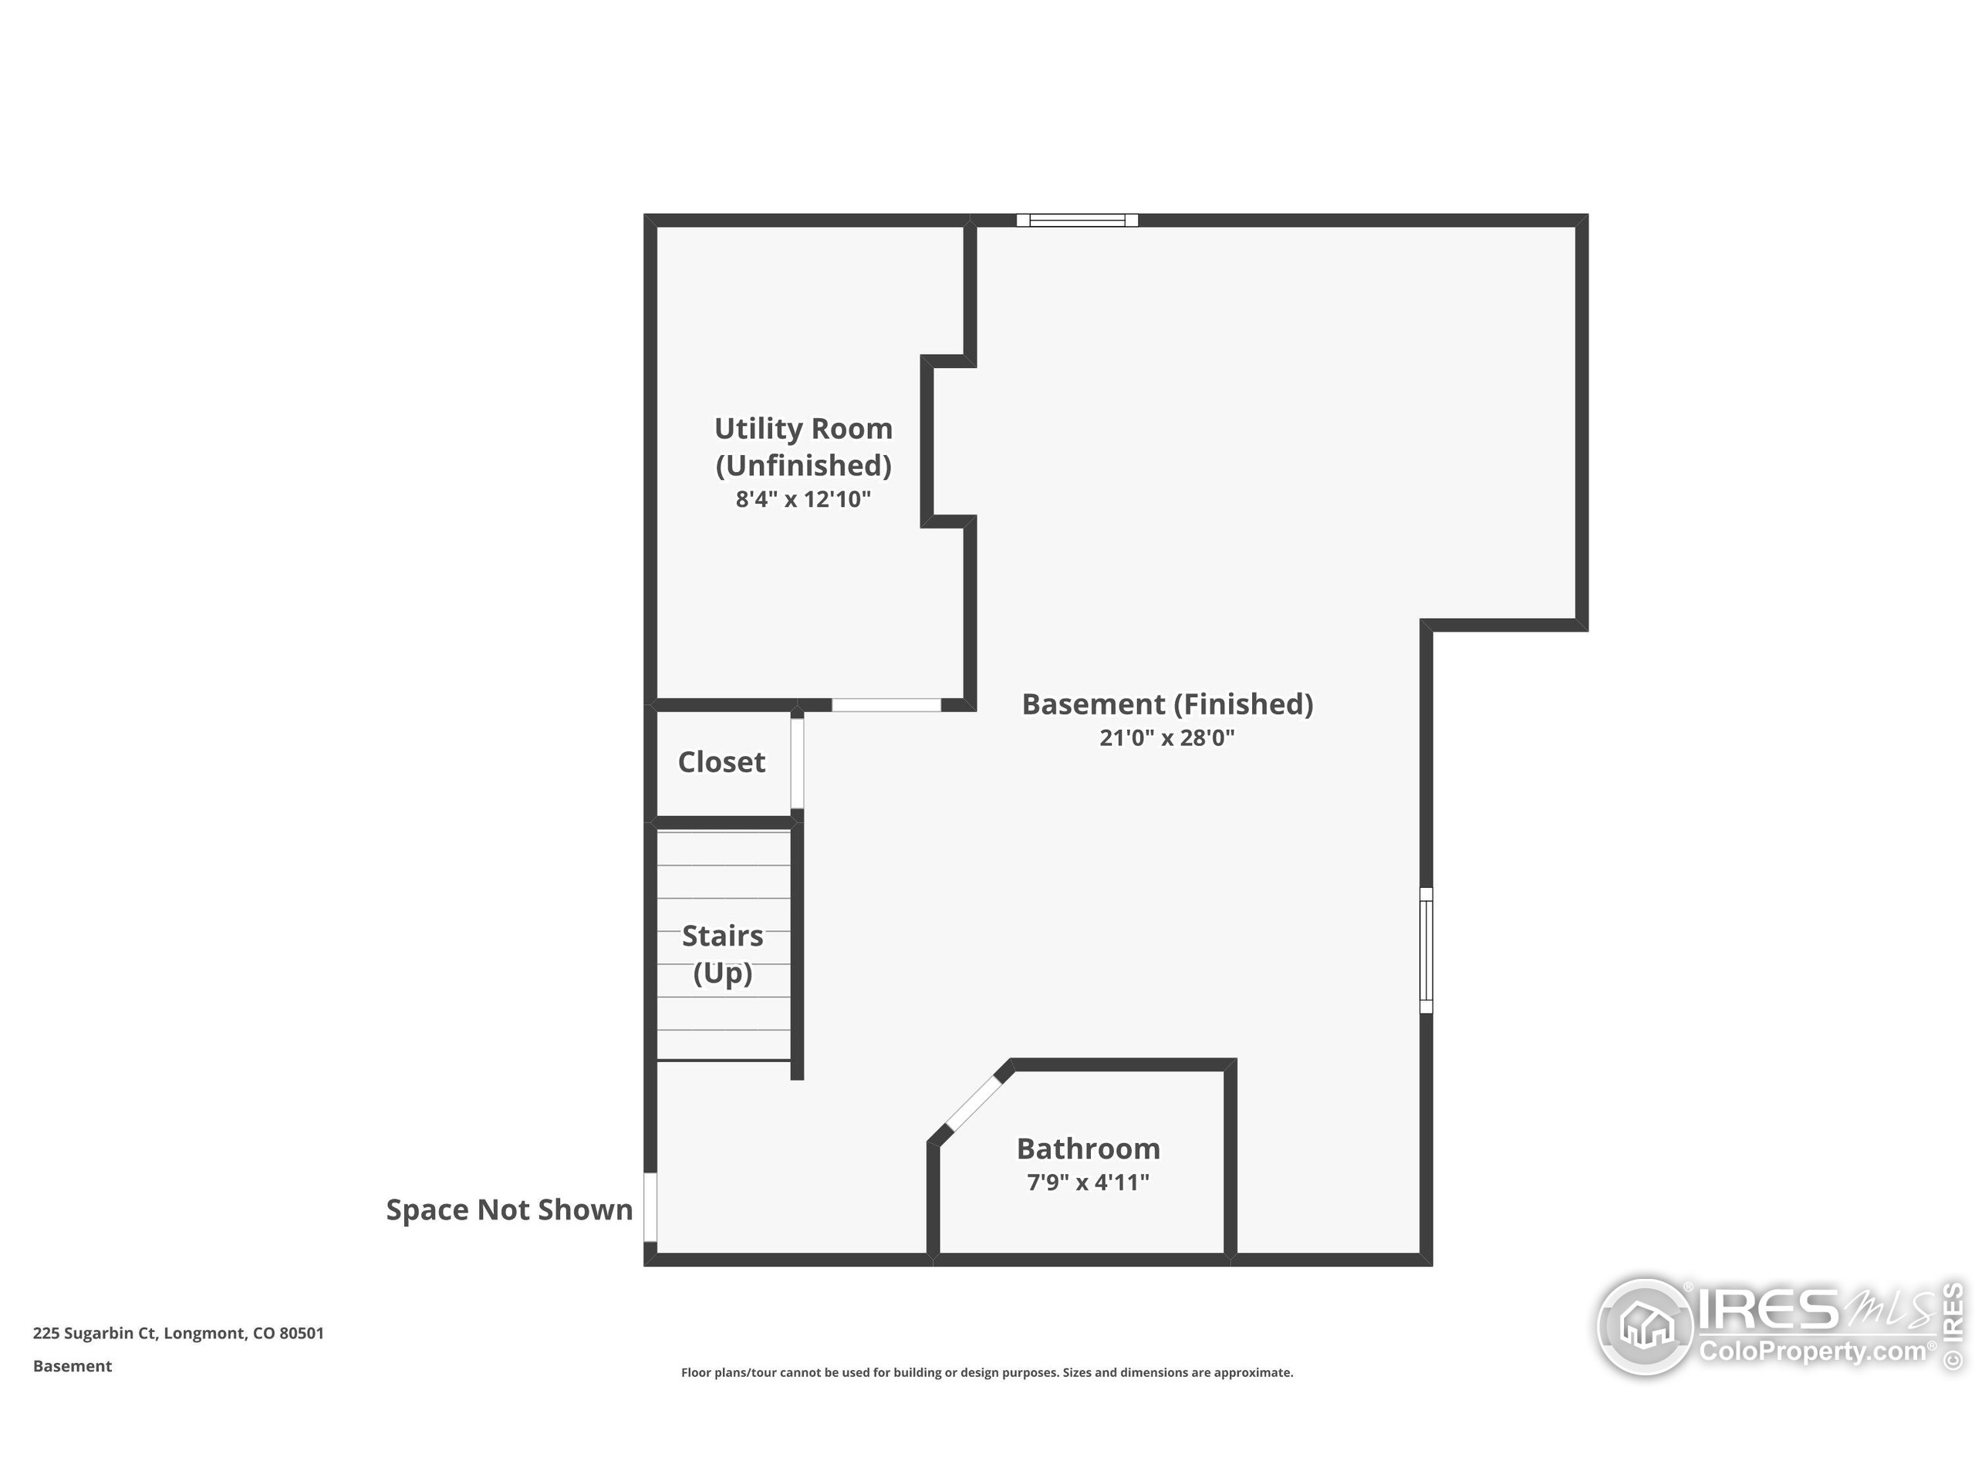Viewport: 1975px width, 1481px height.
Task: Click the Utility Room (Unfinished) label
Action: tap(802, 447)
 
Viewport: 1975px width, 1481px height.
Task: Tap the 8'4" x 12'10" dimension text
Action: tap(802, 499)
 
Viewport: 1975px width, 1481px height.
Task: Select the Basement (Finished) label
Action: tap(1167, 704)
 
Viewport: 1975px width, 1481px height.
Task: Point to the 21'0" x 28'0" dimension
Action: tap(1167, 738)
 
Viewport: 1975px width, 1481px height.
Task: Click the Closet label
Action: tap(721, 762)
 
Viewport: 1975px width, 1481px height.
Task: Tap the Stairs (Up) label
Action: tap(722, 953)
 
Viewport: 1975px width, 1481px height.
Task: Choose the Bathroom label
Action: tap(1088, 1148)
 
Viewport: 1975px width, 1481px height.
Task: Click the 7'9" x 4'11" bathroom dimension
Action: tap(1088, 1182)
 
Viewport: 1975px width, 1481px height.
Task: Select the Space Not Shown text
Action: tap(509, 1209)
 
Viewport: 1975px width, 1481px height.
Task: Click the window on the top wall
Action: tap(1077, 221)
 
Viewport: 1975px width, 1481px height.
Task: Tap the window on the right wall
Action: tap(1426, 951)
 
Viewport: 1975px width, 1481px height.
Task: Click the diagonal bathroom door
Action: tap(973, 1105)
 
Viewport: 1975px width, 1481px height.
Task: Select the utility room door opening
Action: tap(886, 705)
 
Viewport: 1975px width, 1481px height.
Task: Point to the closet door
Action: tap(796, 764)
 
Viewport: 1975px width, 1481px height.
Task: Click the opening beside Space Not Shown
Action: tap(651, 1207)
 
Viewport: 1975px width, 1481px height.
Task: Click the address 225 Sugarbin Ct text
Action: tap(178, 1333)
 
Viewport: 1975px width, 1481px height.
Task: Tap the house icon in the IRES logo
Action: tap(1646, 1326)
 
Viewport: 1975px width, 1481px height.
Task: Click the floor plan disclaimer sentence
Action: tap(987, 1372)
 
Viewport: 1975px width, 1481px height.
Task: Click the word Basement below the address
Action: tap(73, 1366)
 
